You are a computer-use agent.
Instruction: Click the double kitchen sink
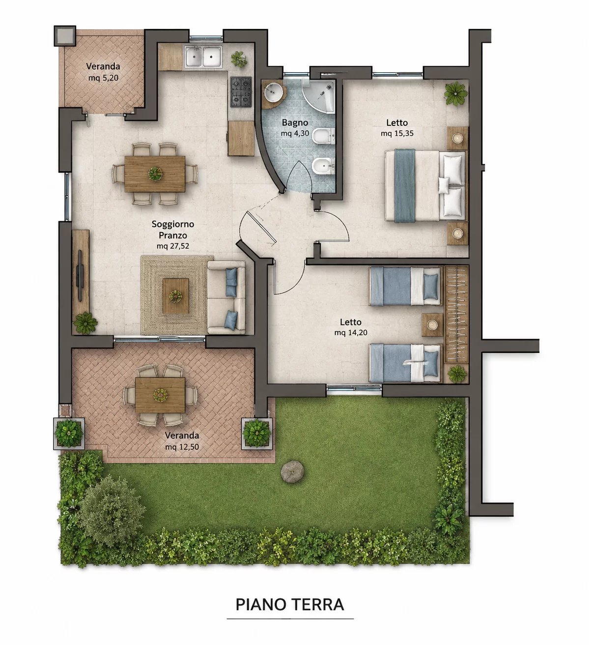pos(203,57)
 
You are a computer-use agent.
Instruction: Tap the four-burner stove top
pos(241,92)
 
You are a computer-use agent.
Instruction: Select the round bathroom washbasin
pos(274,91)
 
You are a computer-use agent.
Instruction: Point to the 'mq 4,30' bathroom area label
pos(295,133)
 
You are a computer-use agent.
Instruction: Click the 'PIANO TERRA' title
pos(290,604)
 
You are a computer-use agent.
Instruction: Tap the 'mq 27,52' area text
pos(173,246)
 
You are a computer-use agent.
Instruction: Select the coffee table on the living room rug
pos(175,296)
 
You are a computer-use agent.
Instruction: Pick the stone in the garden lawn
pos(292,471)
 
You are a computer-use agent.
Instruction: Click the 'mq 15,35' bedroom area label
pos(397,133)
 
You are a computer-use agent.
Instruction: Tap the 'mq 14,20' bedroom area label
pos(351,333)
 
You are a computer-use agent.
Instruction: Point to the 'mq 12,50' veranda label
pos(182,447)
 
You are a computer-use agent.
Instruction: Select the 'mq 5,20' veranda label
pos(103,78)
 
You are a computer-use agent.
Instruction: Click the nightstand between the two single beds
pos(432,325)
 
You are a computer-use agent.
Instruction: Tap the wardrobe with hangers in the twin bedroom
pos(456,315)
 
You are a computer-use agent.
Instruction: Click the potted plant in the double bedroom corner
pos(456,93)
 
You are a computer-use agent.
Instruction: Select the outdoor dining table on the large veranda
pos(160,395)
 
